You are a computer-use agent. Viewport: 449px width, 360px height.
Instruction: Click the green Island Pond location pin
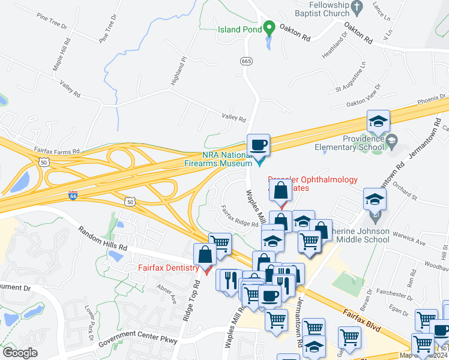pos(270,28)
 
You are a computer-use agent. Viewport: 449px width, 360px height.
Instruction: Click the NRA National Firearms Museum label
pos(227,159)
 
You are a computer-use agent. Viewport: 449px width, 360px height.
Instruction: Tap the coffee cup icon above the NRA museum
pos(258,145)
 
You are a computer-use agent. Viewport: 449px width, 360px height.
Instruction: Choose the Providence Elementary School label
pos(363,143)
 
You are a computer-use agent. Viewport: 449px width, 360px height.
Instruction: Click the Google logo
pos(20,353)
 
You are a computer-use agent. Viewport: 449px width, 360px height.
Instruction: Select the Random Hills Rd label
pos(103,239)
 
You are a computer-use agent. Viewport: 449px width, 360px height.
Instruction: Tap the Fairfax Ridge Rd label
pos(239,217)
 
